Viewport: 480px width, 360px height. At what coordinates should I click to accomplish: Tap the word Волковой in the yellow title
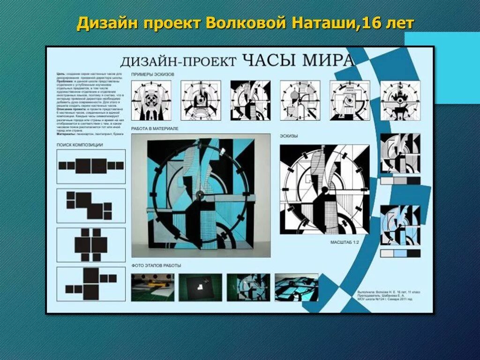point(243,23)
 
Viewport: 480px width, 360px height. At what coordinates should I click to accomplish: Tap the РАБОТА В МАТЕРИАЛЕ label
point(156,128)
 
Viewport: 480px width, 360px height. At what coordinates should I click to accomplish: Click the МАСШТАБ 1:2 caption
point(344,242)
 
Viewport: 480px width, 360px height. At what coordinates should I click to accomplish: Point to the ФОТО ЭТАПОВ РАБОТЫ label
point(156,266)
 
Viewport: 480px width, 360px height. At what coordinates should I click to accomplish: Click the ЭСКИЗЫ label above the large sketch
point(289,136)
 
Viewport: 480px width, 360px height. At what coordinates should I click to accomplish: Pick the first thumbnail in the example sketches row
point(151,100)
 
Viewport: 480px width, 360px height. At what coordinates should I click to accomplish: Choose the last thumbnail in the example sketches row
point(400,100)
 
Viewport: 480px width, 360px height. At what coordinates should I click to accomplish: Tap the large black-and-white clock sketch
point(324,189)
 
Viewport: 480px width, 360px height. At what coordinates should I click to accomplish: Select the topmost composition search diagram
point(91,166)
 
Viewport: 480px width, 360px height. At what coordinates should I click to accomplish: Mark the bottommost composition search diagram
point(91,284)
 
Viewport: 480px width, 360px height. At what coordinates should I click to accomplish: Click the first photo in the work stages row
point(152,287)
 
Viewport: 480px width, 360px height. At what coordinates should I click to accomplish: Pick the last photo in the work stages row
point(296,287)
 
